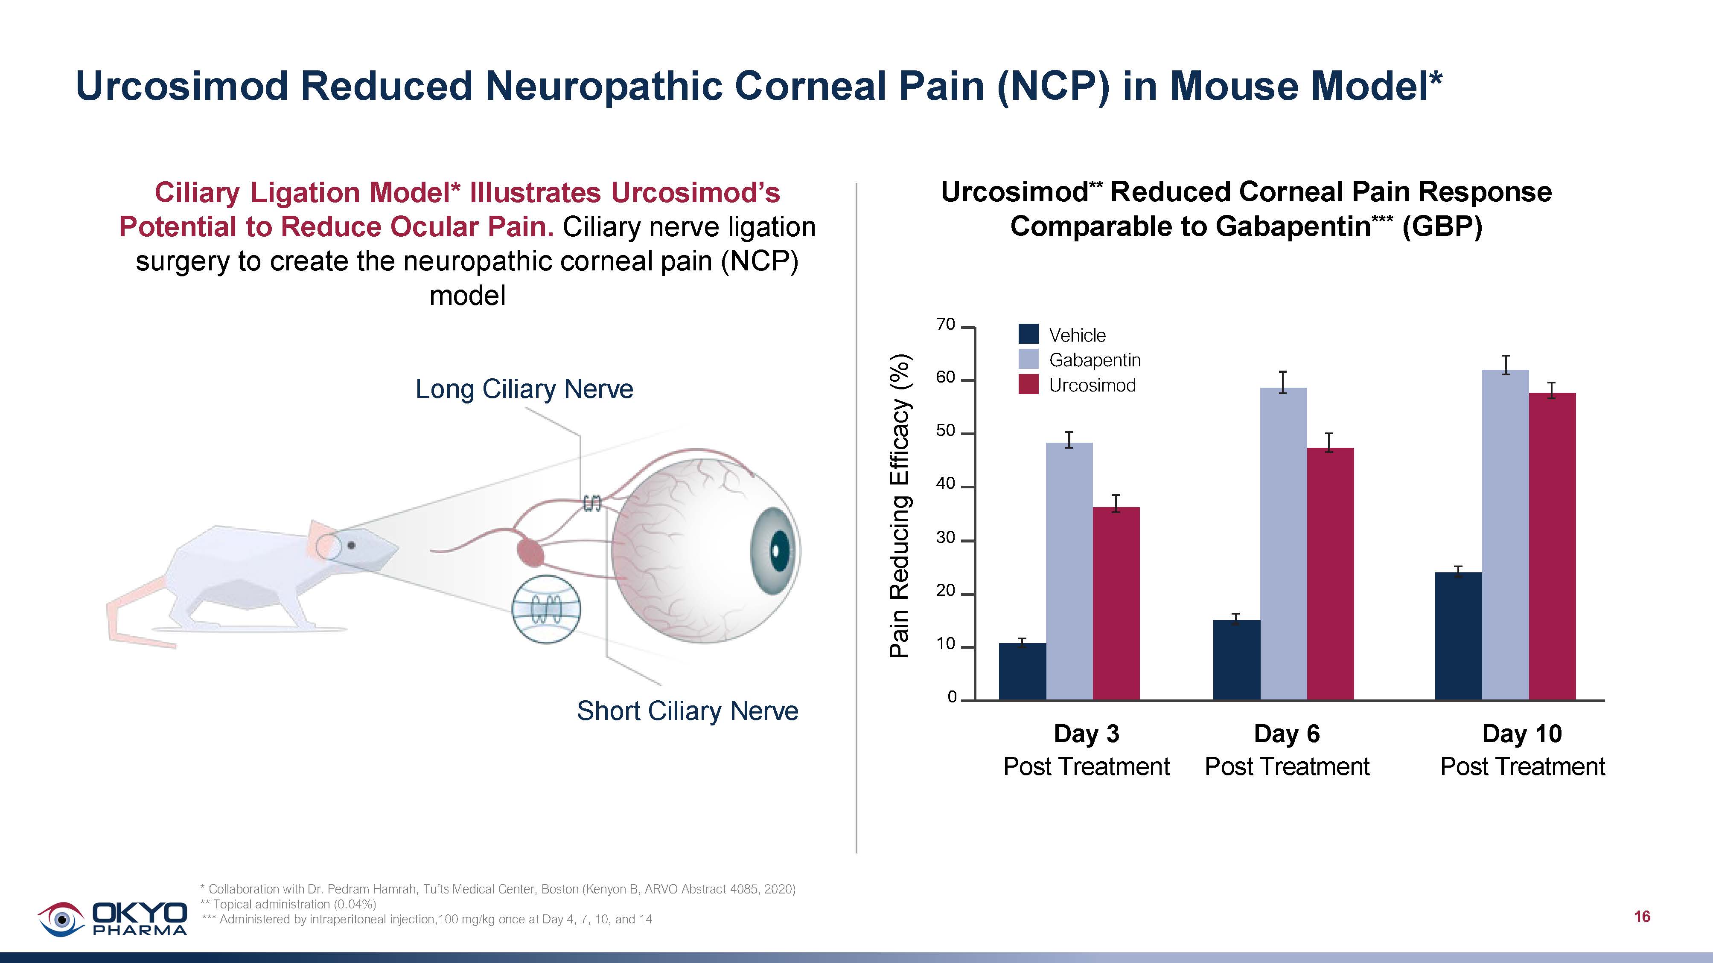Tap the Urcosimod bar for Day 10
(x=1552, y=545)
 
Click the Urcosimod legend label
(x=1092, y=386)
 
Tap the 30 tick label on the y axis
(x=945, y=538)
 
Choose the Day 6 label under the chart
(x=1287, y=734)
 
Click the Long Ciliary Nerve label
(x=524, y=389)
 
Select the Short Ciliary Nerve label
(x=687, y=711)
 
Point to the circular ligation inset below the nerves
(x=546, y=609)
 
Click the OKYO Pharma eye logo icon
(x=61, y=919)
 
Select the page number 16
(x=1642, y=917)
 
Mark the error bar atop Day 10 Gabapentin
(x=1506, y=365)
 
